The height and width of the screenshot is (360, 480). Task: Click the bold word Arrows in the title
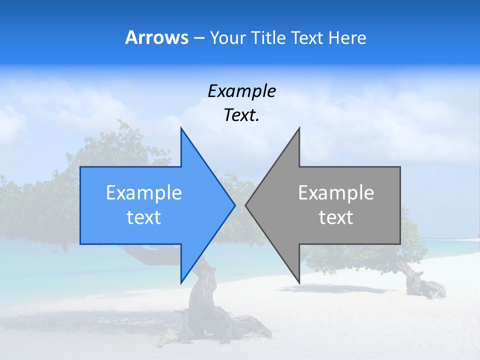(156, 37)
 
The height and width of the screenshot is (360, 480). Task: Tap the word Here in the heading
(347, 37)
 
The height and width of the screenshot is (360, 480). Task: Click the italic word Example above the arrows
(241, 91)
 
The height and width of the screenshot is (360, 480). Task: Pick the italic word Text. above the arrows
(241, 115)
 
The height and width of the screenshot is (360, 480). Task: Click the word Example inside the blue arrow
(144, 193)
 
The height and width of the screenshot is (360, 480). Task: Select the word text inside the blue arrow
(144, 217)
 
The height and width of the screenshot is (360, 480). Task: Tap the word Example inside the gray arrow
(336, 193)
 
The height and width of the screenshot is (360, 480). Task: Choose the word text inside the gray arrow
(336, 217)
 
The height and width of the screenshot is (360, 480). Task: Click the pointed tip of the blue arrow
(234, 205)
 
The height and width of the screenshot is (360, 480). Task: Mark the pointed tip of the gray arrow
(246, 205)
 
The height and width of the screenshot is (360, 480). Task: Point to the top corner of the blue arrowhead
(181, 128)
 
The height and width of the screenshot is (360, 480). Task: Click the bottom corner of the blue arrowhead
(181, 282)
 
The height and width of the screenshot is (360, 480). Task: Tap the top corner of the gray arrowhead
(299, 128)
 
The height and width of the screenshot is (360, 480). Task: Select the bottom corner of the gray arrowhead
(299, 282)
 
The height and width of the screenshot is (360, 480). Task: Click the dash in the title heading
(198, 38)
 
